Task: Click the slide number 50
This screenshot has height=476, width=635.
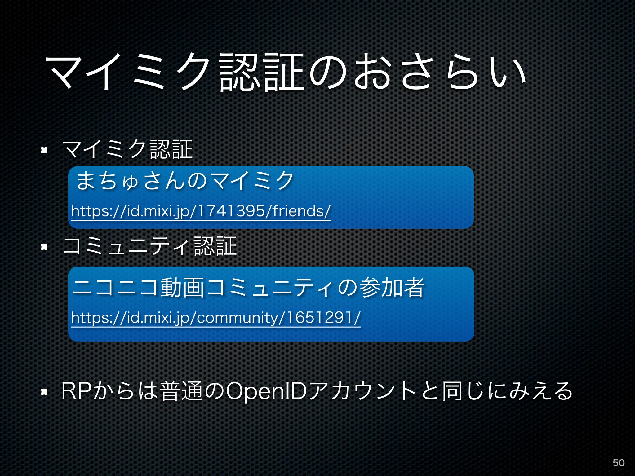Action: [x=618, y=463]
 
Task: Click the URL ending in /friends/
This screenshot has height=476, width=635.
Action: [x=201, y=211]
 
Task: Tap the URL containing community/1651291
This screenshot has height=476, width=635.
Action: [x=216, y=318]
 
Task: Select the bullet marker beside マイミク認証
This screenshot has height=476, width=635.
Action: [x=44, y=150]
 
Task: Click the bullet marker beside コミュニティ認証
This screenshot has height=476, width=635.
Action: [x=44, y=247]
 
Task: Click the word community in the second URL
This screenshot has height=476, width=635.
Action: [x=237, y=318]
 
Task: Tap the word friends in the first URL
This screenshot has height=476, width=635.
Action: [x=299, y=211]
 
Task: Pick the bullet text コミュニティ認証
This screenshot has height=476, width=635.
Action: [x=150, y=246]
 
